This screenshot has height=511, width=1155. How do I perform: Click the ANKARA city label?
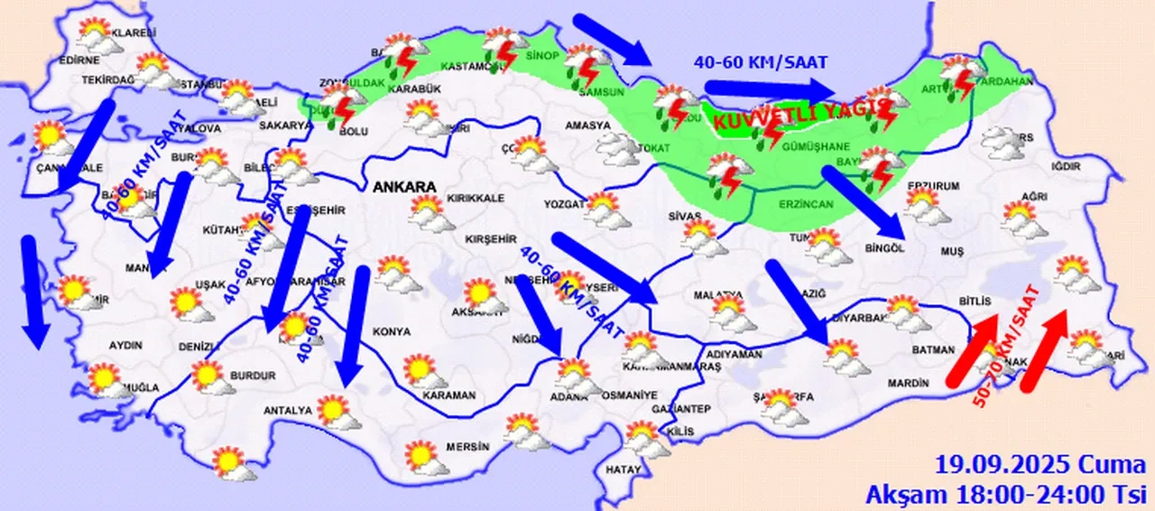coord(402,187)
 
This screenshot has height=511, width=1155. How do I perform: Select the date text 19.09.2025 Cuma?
coord(1041,467)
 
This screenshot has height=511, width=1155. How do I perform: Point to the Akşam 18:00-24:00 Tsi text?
coord(1005,493)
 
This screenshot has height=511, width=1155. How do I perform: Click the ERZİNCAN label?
coord(806,205)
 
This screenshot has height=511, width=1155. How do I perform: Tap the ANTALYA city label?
coord(287,411)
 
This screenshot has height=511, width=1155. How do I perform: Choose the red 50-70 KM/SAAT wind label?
coord(1006,346)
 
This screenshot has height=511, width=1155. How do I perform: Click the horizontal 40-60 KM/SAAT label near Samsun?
coord(761,62)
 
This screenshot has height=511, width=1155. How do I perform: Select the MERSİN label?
coord(467,447)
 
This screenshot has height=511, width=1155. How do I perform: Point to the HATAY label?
coord(624,469)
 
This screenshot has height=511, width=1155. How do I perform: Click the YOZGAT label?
coord(564,204)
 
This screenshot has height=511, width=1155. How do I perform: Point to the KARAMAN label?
coord(449,395)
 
